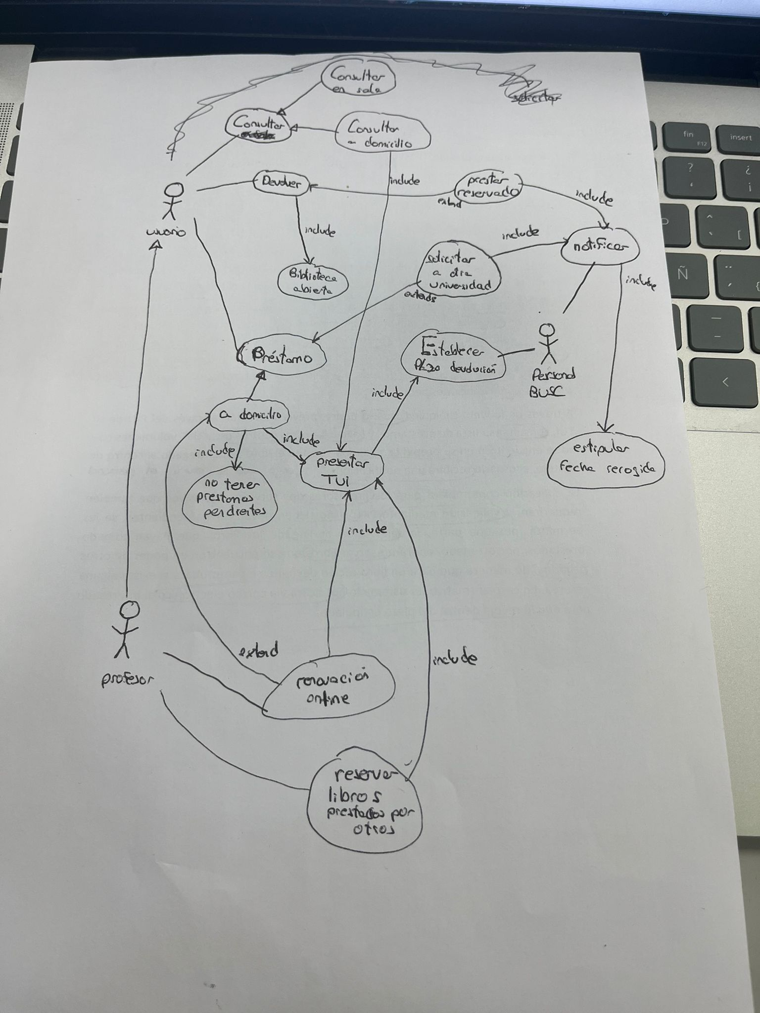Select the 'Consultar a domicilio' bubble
pos(382,134)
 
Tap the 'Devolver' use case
pos(281,184)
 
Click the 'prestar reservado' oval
pos(488,186)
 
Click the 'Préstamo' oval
pos(283,357)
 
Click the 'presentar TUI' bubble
pos(343,470)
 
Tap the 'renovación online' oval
pos(330,688)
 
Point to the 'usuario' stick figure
pos(173,200)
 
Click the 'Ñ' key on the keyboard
pos(683,275)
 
